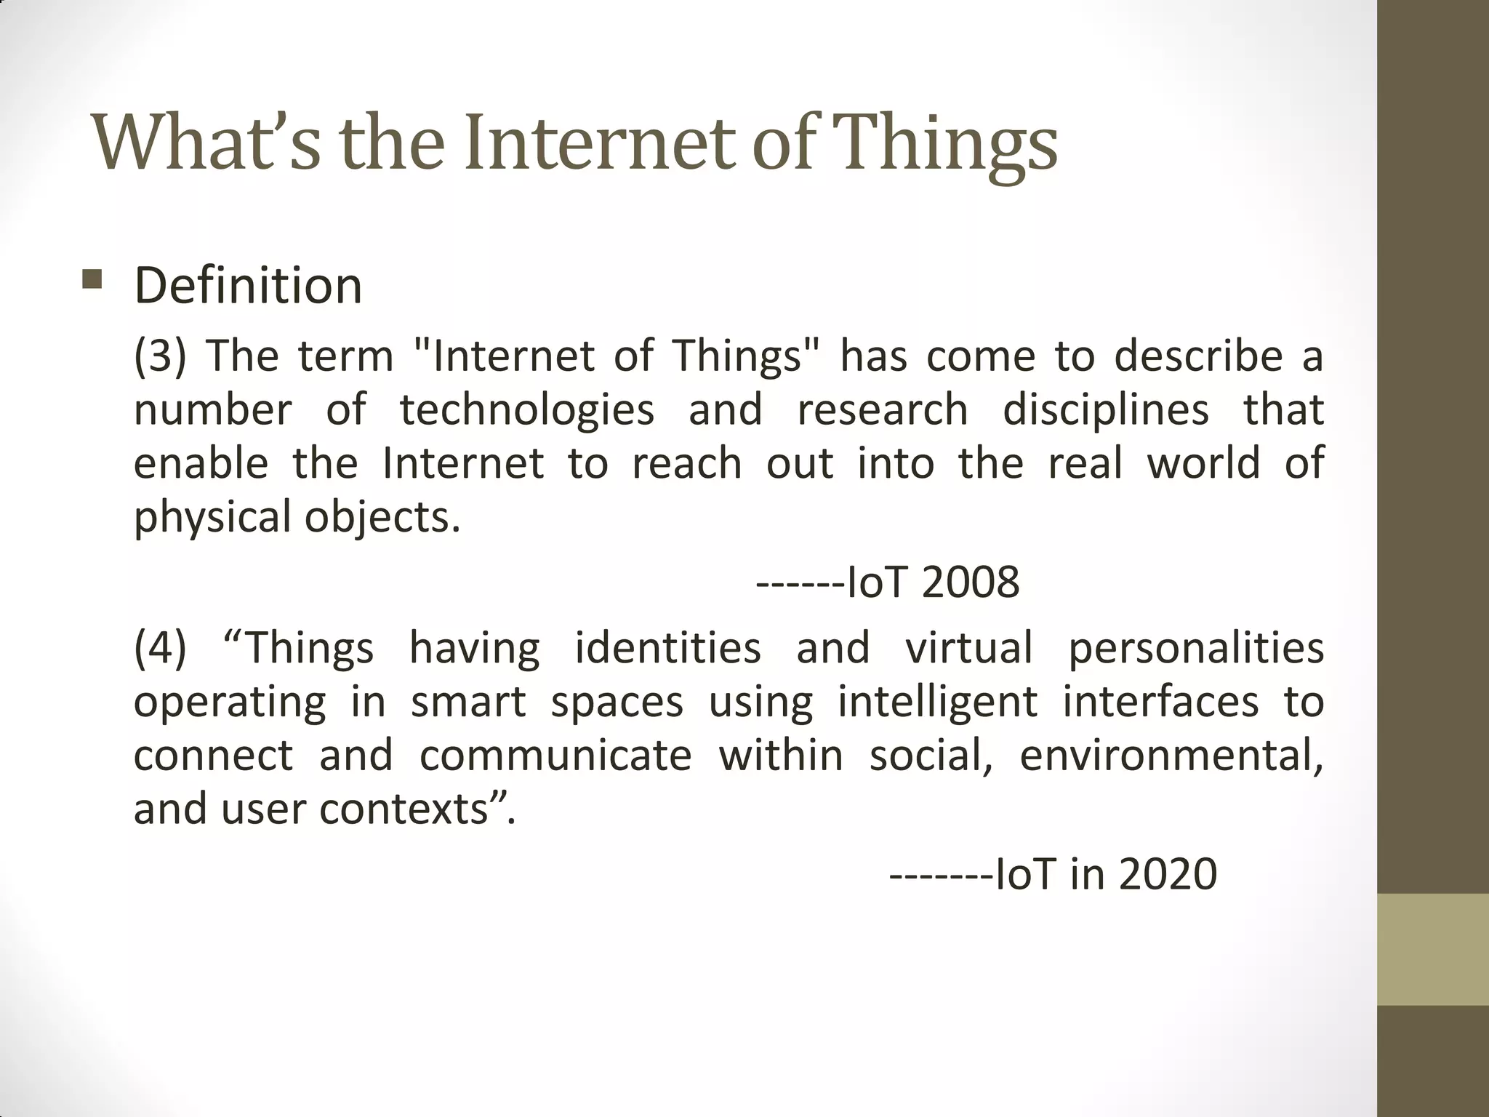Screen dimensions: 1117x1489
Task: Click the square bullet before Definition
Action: pyautogui.click(x=92, y=279)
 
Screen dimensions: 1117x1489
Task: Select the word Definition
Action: pyautogui.click(x=248, y=285)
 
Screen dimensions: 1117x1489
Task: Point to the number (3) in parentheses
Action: pyautogui.click(x=160, y=356)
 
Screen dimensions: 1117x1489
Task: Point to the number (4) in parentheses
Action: pyautogui.click(x=160, y=648)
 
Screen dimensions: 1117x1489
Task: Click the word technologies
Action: pyautogui.click(x=526, y=411)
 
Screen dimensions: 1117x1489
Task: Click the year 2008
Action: pyautogui.click(x=970, y=582)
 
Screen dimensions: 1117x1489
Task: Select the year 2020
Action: pyautogui.click(x=1168, y=874)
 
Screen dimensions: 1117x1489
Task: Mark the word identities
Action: pyautogui.click(x=667, y=648)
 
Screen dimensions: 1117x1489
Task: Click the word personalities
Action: pyautogui.click(x=1195, y=648)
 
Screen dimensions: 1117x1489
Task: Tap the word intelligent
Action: pyautogui.click(x=937, y=702)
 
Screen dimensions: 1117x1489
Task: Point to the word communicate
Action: pyautogui.click(x=555, y=756)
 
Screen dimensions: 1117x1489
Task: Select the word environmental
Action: pyautogui.click(x=1171, y=756)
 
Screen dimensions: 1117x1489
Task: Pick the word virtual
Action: pyautogui.click(x=968, y=648)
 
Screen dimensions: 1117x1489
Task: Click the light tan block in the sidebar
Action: pyautogui.click(x=1433, y=949)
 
